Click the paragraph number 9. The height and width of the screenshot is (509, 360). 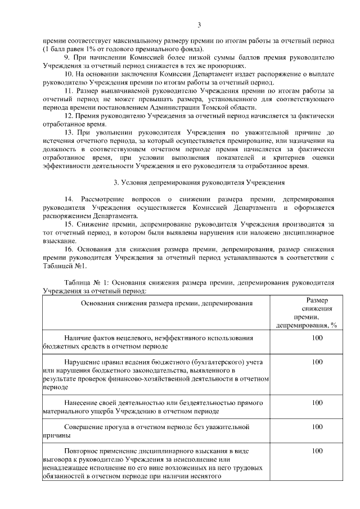(67, 58)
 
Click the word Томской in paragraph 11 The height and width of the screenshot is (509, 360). (213, 107)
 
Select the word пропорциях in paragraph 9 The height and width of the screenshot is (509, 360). (227, 66)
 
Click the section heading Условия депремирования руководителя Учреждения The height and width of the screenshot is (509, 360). (199, 183)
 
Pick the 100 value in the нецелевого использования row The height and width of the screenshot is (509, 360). (317, 338)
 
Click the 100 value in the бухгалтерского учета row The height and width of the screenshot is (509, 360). (317, 362)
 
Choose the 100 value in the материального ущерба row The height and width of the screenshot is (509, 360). (317, 402)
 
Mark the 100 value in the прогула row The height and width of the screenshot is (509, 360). (317, 427)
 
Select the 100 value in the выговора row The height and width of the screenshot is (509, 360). (317, 451)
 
